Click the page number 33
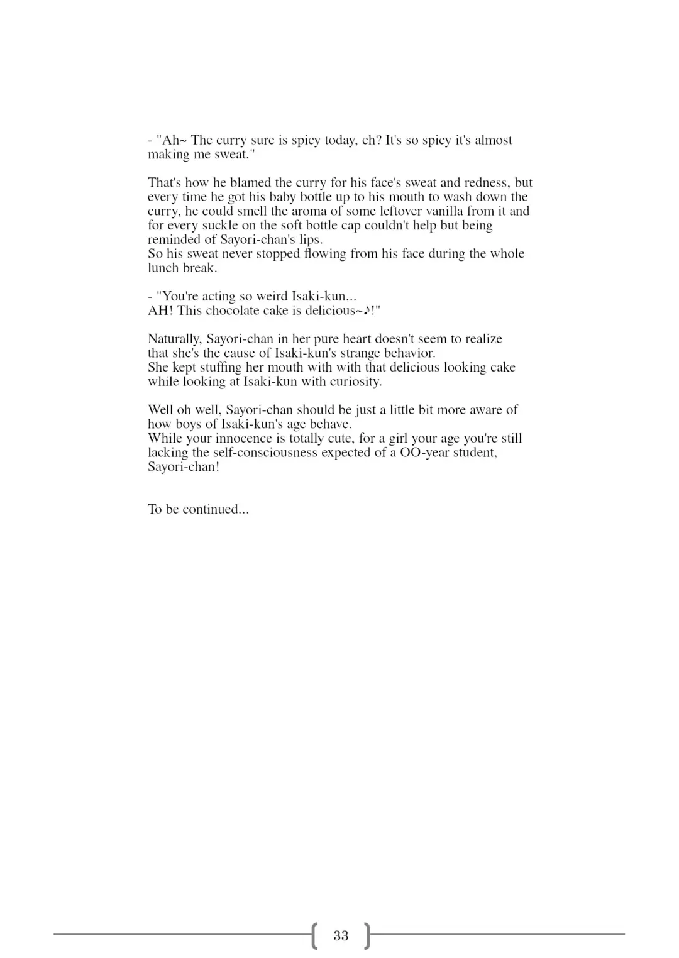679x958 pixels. pos(341,935)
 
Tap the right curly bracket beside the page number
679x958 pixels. pos(368,935)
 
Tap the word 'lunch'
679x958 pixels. pos(163,268)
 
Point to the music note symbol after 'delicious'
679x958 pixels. pos(367,311)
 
